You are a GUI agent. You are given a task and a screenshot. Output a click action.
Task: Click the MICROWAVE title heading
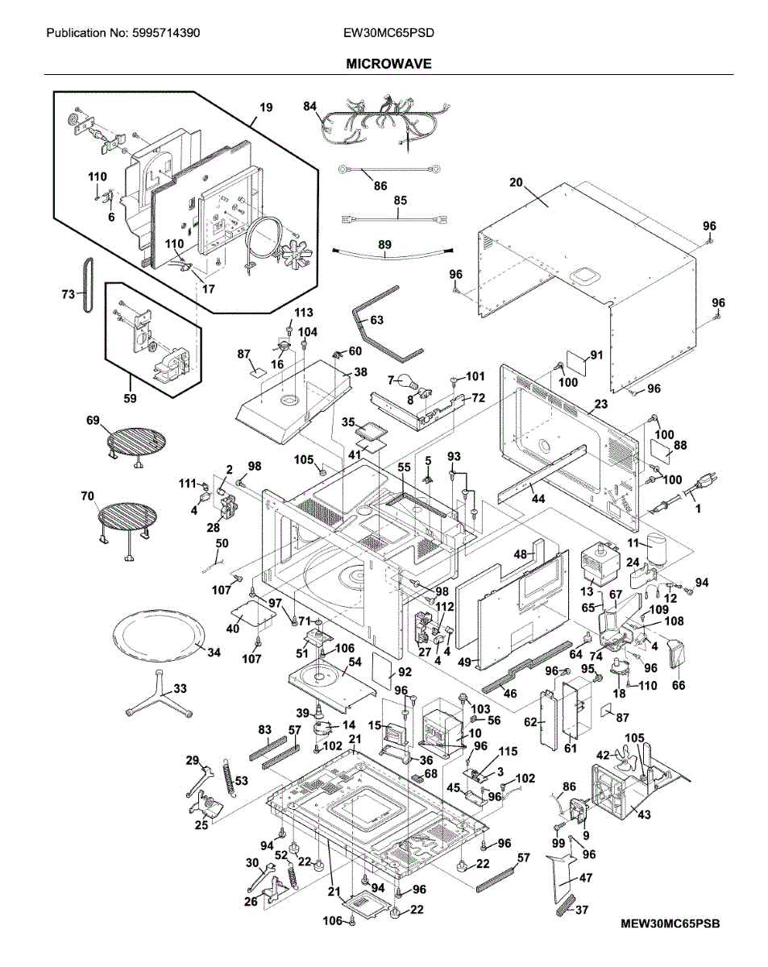pyautogui.click(x=388, y=63)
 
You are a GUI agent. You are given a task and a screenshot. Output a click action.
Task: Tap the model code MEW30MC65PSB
pyautogui.click(x=670, y=923)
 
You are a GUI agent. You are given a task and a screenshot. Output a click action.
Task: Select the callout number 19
pyautogui.click(x=266, y=106)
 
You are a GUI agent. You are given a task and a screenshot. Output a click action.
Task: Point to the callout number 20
pyautogui.click(x=516, y=182)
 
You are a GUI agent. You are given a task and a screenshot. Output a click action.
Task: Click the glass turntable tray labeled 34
pyautogui.click(x=158, y=637)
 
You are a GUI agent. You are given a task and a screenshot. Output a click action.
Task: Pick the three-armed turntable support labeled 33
pyautogui.click(x=158, y=699)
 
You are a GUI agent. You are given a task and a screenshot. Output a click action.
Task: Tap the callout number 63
pyautogui.click(x=376, y=320)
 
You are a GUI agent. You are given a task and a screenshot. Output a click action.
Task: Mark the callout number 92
pyautogui.click(x=404, y=670)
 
